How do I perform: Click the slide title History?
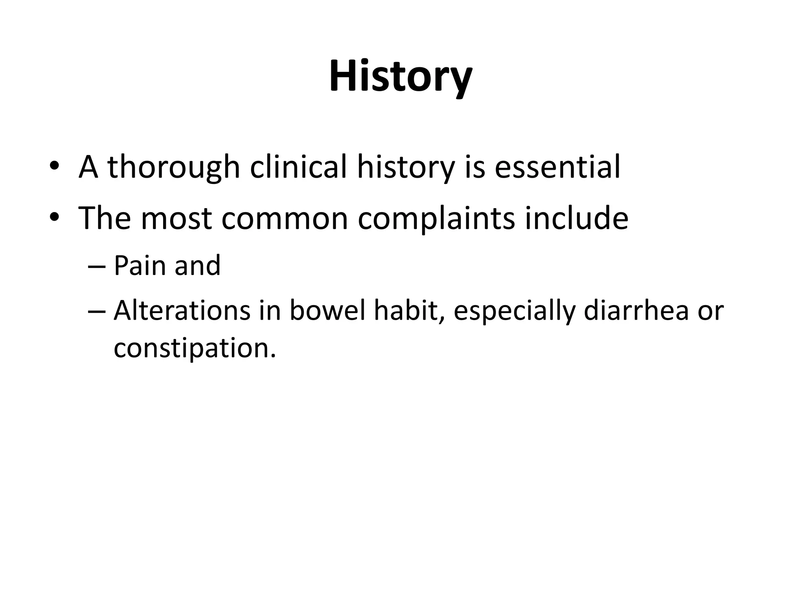point(400,76)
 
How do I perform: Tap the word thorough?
point(173,167)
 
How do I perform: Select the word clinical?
point(298,167)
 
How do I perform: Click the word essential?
point(557,167)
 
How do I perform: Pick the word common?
point(284,218)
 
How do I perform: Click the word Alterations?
point(182,311)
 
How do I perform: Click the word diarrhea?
point(636,311)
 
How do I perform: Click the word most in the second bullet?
point(176,218)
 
